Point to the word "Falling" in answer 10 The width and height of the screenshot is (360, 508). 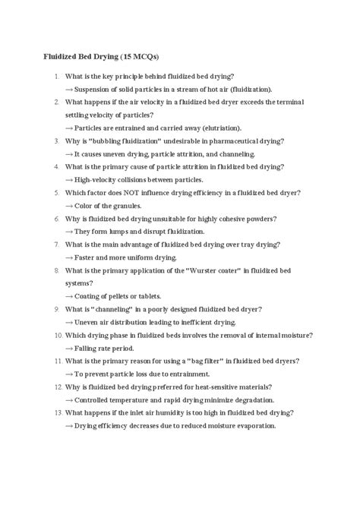coord(88,347)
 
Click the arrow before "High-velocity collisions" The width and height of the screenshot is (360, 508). coord(69,179)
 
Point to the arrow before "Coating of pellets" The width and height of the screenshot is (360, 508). coord(69,295)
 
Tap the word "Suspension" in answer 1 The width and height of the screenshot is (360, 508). coord(96,89)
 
